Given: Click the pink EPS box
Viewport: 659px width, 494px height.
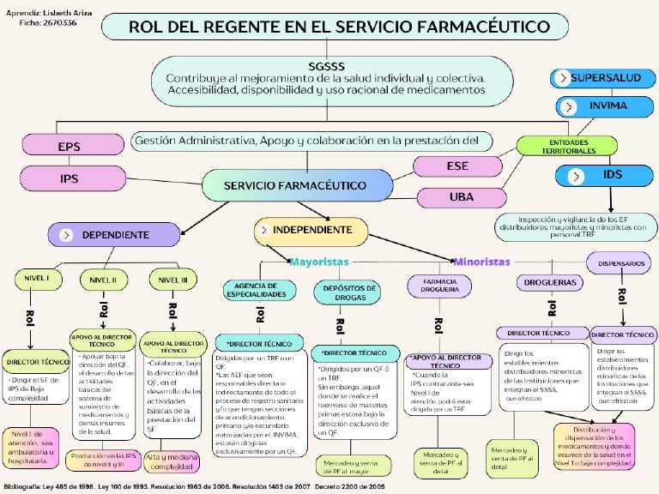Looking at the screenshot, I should point(70,147).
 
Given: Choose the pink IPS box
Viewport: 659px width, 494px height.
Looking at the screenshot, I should point(70,178).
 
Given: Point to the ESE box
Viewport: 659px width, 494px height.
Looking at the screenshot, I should point(457,166).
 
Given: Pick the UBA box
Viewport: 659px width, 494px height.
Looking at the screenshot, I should point(461,197).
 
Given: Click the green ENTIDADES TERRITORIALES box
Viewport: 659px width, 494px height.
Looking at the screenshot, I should point(568,146).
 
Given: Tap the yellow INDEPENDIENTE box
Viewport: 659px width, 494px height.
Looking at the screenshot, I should point(311,230).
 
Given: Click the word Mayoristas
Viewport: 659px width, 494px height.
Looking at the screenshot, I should point(319,261).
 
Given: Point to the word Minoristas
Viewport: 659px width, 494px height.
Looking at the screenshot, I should point(482,261).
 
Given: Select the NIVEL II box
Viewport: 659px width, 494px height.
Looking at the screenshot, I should point(103,280).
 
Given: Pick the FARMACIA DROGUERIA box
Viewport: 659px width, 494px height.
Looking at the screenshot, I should point(438,285).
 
